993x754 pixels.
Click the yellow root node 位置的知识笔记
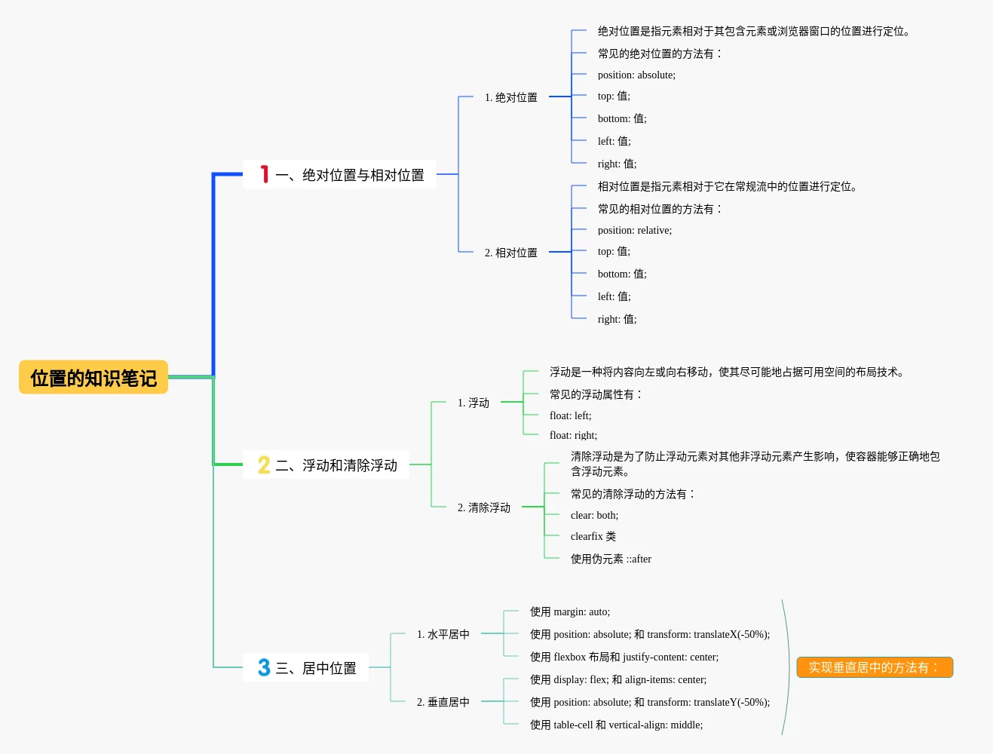tap(93, 377)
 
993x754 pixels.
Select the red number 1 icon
tap(264, 174)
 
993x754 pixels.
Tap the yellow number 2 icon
tap(264, 464)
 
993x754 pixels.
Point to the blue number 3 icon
tap(264, 667)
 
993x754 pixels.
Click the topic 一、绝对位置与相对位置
tap(350, 175)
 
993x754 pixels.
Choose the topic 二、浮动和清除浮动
tap(336, 465)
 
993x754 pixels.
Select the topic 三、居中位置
tap(316, 667)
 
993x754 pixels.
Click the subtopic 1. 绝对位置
tap(510, 97)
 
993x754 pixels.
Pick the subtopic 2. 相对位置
tap(510, 253)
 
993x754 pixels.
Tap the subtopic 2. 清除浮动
tap(483, 507)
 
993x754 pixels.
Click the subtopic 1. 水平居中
tap(443, 634)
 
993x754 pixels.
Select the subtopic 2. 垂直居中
tap(443, 702)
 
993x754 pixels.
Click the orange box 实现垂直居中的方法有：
tap(875, 667)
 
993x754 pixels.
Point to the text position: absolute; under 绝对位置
tap(636, 75)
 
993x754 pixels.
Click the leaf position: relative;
tap(634, 230)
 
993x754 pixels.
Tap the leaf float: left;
tap(570, 415)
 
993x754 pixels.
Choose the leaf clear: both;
tap(594, 515)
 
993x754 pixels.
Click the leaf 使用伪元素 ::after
tap(611, 559)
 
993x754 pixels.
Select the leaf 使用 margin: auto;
tap(569, 612)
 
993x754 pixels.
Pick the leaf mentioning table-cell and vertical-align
tap(616, 725)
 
